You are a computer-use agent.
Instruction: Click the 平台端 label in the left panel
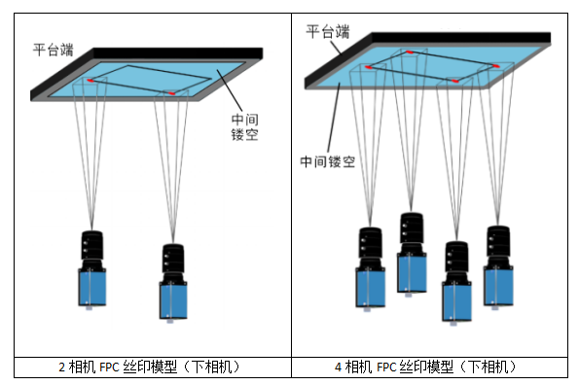point(54,50)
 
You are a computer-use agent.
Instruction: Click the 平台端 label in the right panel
point(328,32)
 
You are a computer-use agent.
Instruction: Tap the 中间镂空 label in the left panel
point(244,126)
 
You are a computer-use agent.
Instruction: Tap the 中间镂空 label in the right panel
point(328,161)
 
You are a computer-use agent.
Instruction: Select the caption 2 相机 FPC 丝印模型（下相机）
point(149,367)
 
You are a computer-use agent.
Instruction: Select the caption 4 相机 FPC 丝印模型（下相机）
point(425,367)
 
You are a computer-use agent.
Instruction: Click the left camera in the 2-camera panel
point(91,270)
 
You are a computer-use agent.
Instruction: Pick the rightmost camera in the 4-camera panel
point(498,267)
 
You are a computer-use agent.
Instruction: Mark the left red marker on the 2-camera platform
point(90,80)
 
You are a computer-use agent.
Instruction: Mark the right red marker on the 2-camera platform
point(171,93)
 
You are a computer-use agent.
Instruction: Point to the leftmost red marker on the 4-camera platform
point(368,67)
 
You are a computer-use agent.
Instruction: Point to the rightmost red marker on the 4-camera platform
point(496,66)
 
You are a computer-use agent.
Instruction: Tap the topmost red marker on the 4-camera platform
point(410,52)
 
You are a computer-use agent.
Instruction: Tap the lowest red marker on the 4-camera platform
point(455,81)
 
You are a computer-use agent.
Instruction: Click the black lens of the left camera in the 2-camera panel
point(91,246)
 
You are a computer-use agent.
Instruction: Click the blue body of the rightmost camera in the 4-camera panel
point(498,286)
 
